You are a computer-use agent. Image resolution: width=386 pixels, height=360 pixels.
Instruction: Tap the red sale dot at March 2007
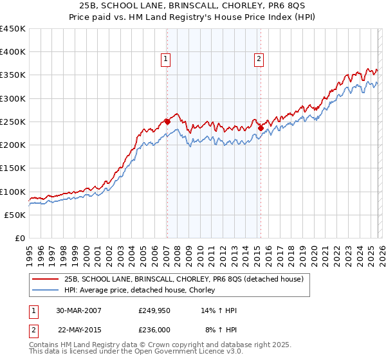[x=167, y=121]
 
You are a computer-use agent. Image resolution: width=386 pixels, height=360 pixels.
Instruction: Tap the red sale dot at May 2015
[x=261, y=128]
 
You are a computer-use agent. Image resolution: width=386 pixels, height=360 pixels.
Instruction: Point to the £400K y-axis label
[x=13, y=52]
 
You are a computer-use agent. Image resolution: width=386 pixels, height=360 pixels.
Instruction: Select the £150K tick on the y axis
[x=13, y=168]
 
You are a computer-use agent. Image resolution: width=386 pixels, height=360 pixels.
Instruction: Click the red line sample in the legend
[x=46, y=279]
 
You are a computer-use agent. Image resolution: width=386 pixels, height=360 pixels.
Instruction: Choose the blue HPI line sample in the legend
[x=46, y=291]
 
